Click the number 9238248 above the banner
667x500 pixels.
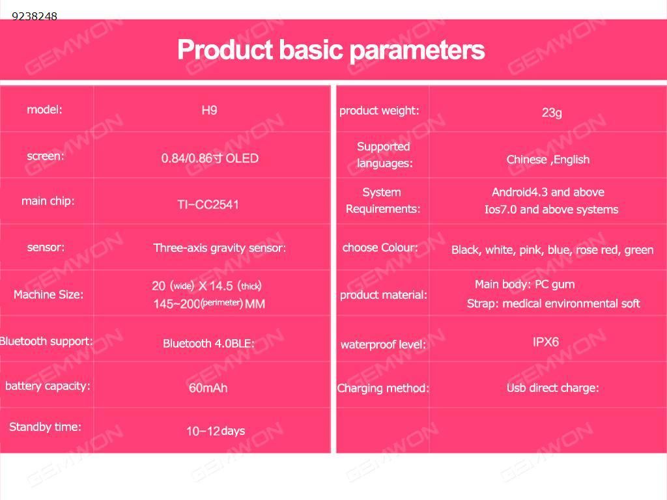tap(35, 16)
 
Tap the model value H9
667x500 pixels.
tap(209, 111)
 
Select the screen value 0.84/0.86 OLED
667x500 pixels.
tap(210, 159)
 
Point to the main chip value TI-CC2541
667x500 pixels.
tap(208, 204)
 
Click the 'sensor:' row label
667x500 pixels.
tap(46, 247)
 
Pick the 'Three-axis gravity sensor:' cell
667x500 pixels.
tap(220, 248)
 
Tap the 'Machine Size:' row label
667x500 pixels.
tap(48, 294)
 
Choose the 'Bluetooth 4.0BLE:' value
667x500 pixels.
tap(208, 344)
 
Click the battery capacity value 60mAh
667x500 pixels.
tap(208, 388)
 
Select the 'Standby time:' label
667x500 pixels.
tap(45, 427)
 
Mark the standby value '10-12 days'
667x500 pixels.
tap(216, 431)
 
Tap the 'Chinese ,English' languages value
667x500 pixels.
tap(548, 160)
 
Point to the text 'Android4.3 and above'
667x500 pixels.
tap(548, 192)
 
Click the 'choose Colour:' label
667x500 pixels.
tap(380, 247)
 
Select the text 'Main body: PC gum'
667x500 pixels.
tap(524, 285)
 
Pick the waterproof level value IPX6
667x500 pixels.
tap(546, 342)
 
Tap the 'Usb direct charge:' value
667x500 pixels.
tap(552, 388)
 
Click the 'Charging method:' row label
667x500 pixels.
tap(383, 388)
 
